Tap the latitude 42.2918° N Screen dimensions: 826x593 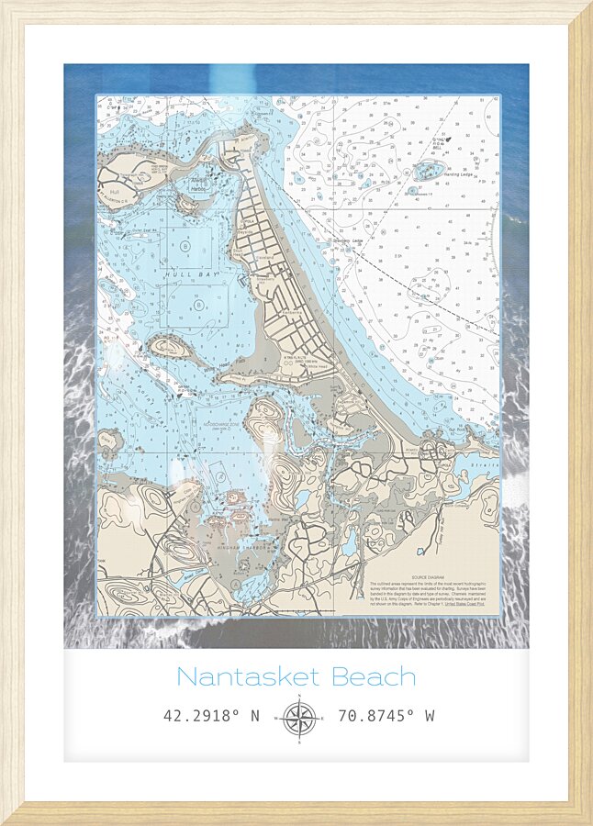point(212,715)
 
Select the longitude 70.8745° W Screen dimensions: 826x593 point(386,715)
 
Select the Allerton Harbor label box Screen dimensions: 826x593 point(200,183)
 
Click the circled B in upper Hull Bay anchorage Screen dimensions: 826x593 point(187,246)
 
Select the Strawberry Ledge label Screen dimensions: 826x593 point(345,240)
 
